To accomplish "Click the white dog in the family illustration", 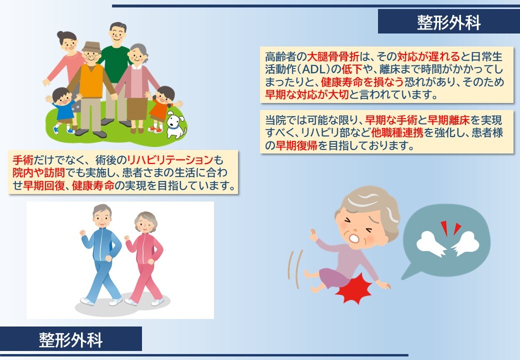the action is point(176,125).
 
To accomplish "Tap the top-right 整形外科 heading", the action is point(448,22).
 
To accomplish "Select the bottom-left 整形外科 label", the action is point(70,339).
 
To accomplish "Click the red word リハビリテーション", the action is point(170,160).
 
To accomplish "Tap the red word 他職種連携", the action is point(397,132).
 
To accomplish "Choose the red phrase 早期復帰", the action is point(296,145).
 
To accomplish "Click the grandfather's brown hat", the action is point(91,46).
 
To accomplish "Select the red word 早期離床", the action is point(448,120).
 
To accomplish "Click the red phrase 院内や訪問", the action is point(38,172).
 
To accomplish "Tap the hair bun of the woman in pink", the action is point(60,34).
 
